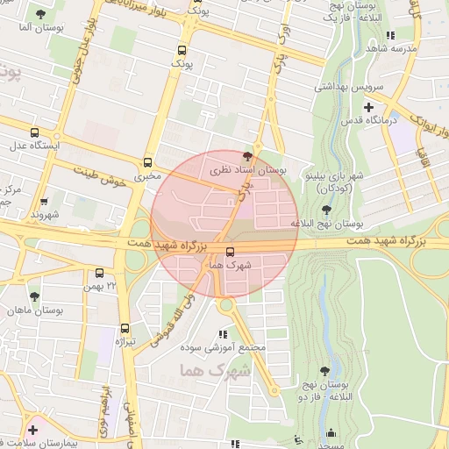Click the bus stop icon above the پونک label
[x=182, y=51]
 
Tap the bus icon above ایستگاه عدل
[x=34, y=133]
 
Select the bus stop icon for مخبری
[x=147, y=162]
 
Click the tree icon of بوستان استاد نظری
[x=258, y=155]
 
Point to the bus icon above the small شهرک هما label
[x=231, y=251]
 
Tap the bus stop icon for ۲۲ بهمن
[x=99, y=273]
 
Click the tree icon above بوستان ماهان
[x=35, y=297]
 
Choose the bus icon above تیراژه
[x=125, y=327]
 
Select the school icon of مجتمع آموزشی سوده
[x=223, y=334]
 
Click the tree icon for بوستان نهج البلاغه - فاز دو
[x=326, y=372]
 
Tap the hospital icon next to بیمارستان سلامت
[x=33, y=430]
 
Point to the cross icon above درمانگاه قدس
[x=369, y=107]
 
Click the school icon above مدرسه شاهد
[x=389, y=36]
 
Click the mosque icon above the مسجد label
[x=330, y=432]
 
